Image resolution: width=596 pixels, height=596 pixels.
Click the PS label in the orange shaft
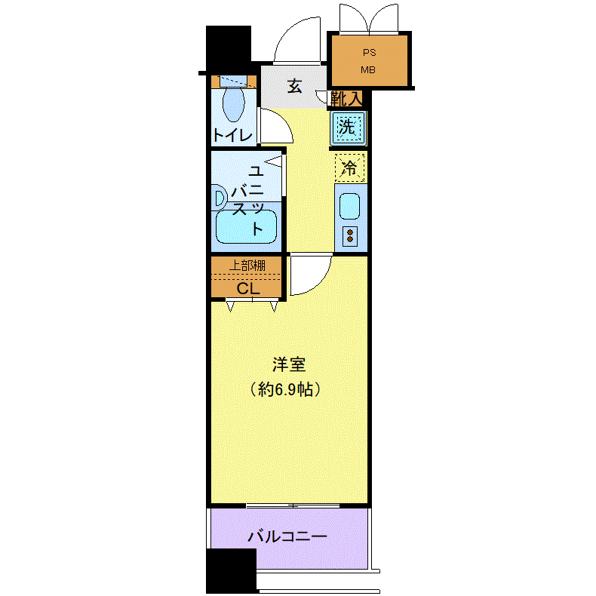pos(369,53)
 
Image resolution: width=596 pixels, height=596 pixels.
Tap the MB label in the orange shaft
pos(368,70)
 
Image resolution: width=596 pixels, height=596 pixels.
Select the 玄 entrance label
pos(295,86)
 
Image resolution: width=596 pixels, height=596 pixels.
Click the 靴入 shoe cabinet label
pos(346,99)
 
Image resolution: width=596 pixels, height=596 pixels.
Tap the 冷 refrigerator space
pos(350,167)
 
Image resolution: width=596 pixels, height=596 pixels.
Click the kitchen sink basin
pos(349,207)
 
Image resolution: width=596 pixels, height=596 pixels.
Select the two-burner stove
pos(350,236)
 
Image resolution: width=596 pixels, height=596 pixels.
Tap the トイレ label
pos(233,136)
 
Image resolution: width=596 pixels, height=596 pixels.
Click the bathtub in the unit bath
pos(246,227)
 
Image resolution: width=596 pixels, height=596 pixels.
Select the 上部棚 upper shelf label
pos(247,266)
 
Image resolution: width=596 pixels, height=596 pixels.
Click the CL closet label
pos(248,288)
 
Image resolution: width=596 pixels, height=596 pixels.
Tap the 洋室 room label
pos(289,364)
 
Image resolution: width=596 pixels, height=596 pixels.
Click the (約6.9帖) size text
pos(285,389)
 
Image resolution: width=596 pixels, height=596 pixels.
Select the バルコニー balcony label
pos(287,536)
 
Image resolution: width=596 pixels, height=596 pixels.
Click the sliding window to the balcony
pos(293,505)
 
